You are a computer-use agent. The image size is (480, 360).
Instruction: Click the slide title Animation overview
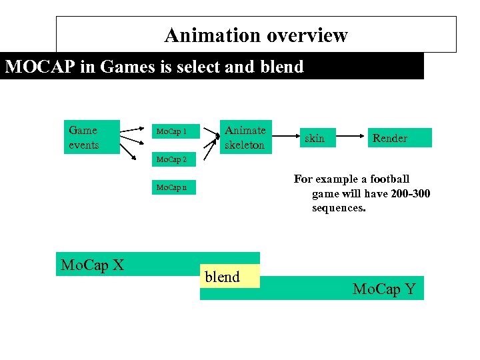tap(256, 35)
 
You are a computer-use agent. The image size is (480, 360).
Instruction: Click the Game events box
tap(91, 137)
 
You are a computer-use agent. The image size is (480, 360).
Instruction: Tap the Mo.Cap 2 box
tap(171, 159)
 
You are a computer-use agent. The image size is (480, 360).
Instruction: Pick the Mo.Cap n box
tap(171, 187)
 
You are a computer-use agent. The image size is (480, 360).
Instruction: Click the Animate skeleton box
tap(245, 137)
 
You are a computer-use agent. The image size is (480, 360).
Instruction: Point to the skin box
tap(315, 138)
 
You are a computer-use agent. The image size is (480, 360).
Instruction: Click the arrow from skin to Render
tap(346, 139)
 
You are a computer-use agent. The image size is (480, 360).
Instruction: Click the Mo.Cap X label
tap(93, 265)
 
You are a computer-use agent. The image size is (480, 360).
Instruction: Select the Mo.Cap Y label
tap(384, 289)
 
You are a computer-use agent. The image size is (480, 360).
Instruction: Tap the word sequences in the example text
tap(339, 208)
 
